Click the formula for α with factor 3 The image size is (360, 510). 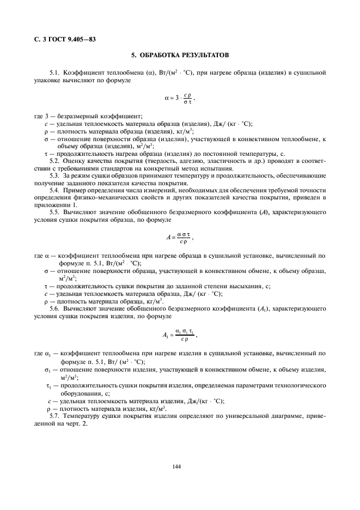[x=180, y=99]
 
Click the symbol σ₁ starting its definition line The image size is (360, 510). [x=48, y=370]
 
